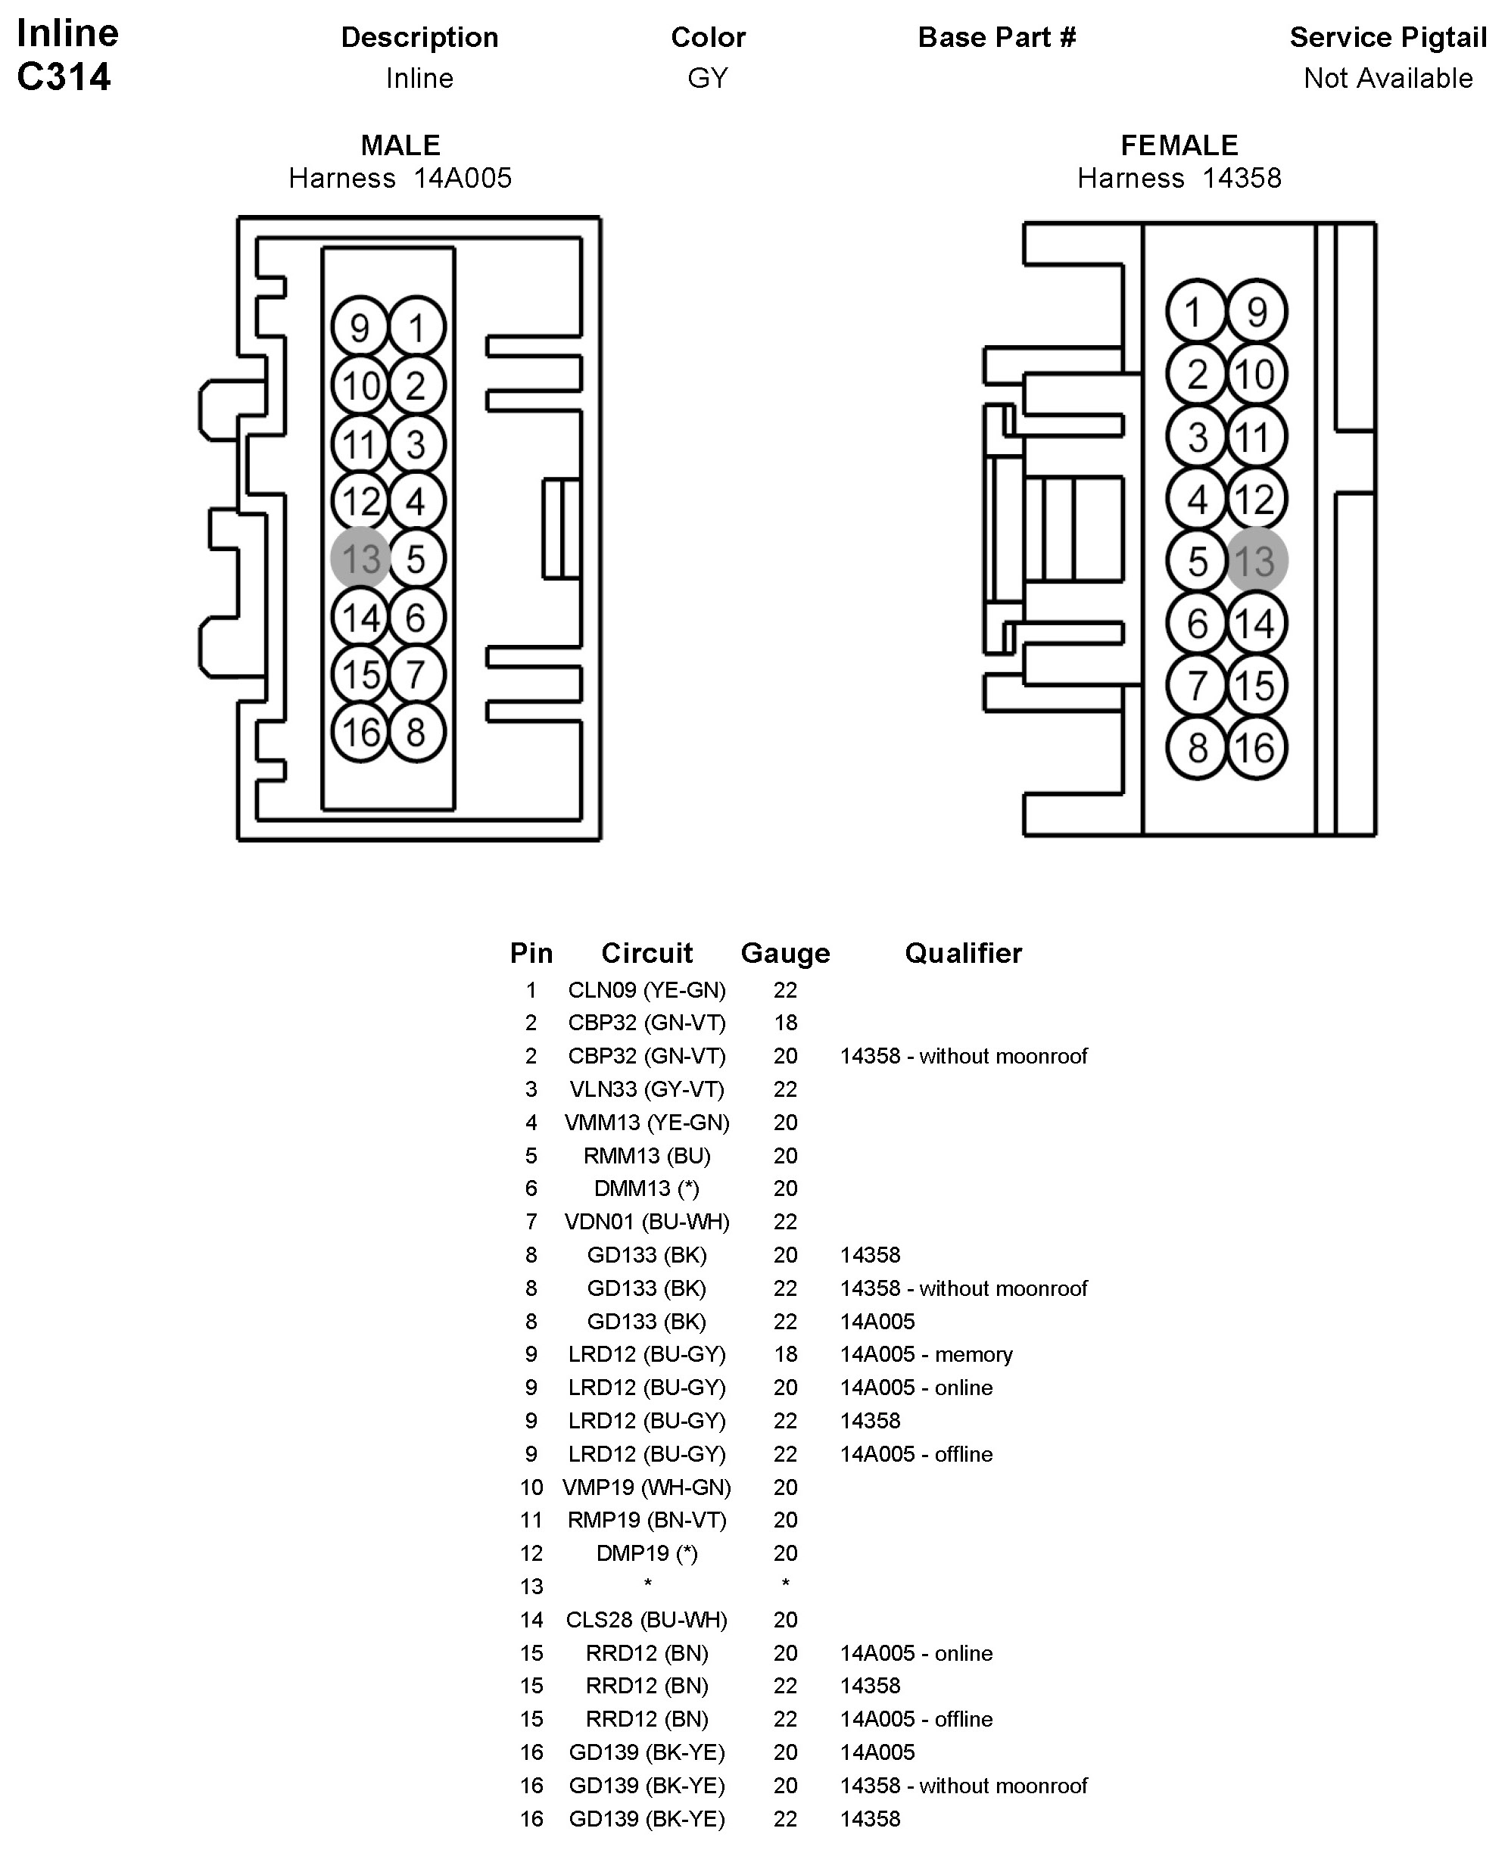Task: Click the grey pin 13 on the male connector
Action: (360, 559)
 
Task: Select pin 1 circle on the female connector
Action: (1196, 311)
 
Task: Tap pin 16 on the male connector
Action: (360, 733)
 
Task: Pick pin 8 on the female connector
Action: (1196, 747)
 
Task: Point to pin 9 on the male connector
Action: (360, 328)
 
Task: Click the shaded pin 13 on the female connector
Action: (1256, 561)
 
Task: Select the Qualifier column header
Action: (963, 953)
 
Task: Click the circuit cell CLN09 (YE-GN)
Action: (647, 990)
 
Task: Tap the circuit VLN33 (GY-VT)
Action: (647, 1089)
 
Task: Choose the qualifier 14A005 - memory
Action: (926, 1354)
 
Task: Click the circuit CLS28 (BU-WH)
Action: (647, 1619)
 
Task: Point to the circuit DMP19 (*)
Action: (647, 1553)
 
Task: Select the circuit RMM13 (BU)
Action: (647, 1156)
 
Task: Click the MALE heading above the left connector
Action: (400, 145)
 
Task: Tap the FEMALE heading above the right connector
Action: (1179, 145)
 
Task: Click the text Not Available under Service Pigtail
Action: (1388, 78)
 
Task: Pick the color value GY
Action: (707, 78)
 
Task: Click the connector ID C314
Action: (64, 76)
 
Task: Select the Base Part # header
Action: (997, 37)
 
